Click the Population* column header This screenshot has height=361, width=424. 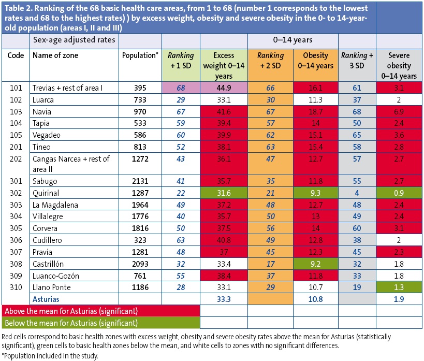(x=140, y=56)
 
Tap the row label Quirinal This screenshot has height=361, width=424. (x=45, y=193)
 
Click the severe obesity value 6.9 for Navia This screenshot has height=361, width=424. (x=398, y=112)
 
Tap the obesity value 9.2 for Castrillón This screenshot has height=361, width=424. (x=317, y=264)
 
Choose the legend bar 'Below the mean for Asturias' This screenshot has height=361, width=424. (x=70, y=323)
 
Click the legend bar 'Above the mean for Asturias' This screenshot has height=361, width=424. (x=70, y=311)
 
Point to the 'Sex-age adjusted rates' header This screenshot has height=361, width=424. (x=74, y=39)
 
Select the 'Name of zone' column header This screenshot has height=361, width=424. (x=56, y=56)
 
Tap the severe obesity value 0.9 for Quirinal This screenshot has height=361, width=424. (x=398, y=193)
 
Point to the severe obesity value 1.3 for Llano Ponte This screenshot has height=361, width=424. (x=398, y=287)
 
